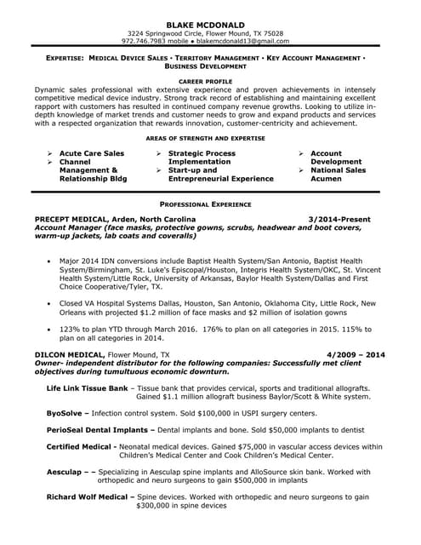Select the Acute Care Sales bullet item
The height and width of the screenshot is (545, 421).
click(x=92, y=153)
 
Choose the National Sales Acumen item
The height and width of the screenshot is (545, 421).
click(x=338, y=175)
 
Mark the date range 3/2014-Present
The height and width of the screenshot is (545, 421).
click(x=339, y=219)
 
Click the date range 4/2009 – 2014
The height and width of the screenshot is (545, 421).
click(x=355, y=353)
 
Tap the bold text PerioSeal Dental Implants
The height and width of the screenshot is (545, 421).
click(x=99, y=429)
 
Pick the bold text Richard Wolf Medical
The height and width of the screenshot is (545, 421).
click(x=88, y=496)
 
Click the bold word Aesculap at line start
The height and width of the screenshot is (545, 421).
click(x=65, y=471)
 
